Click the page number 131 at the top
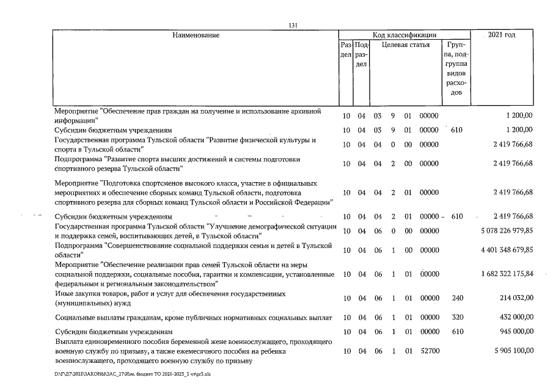293,25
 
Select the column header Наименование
196,35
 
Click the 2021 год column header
502,35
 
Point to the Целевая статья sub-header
405,45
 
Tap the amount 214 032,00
514,298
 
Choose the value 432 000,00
514,318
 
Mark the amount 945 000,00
514,332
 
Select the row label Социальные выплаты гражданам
193,318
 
